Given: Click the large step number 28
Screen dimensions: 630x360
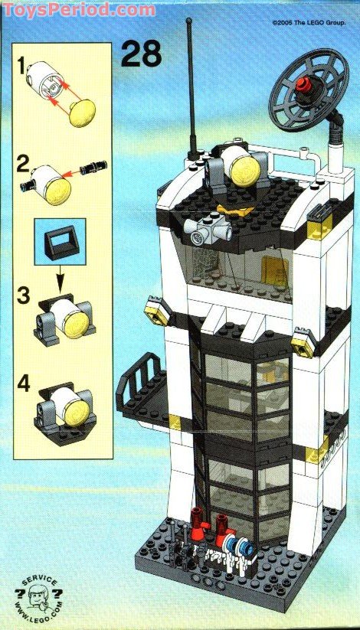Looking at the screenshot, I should point(142,54).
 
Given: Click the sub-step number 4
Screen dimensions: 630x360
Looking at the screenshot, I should point(25,383).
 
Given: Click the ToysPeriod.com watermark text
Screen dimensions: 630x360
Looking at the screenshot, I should point(77,10).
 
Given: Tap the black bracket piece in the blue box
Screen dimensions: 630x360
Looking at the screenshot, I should point(59,243).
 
